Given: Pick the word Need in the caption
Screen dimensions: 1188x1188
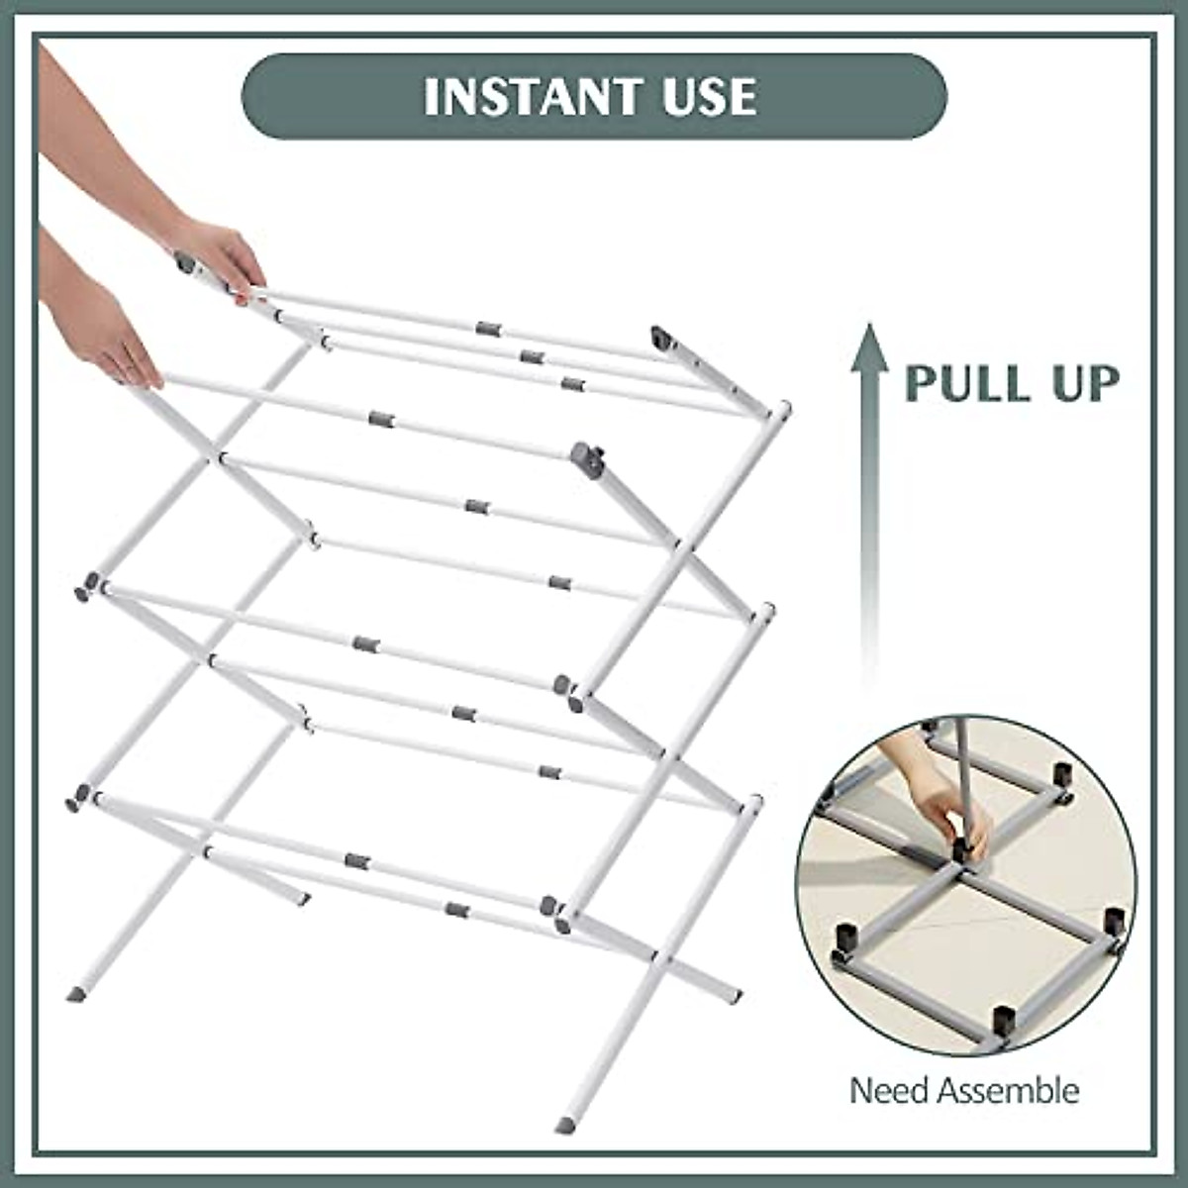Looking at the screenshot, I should [889, 1091].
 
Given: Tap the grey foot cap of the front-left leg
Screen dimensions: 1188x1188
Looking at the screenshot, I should [77, 991].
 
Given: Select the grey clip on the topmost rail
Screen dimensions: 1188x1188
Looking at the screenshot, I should [486, 328].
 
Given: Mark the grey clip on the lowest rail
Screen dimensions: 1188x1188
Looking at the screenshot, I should [456, 910].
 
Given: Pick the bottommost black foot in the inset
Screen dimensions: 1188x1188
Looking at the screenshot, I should [1002, 1020].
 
